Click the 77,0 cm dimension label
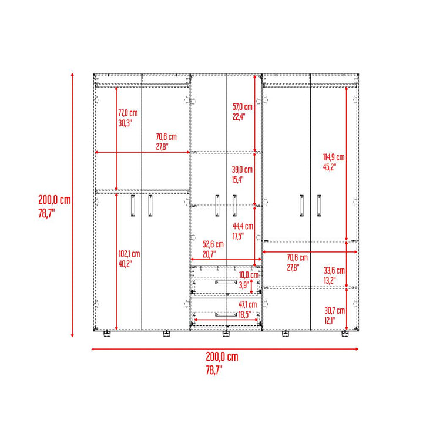click(x=128, y=113)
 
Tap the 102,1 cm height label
click(x=129, y=254)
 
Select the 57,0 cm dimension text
click(x=243, y=107)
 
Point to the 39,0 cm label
click(x=242, y=169)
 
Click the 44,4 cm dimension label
click(x=243, y=226)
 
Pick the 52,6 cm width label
click(x=213, y=244)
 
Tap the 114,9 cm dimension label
click(x=334, y=157)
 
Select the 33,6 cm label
click(x=334, y=270)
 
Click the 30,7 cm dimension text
click(x=334, y=311)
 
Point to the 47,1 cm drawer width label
click(x=248, y=304)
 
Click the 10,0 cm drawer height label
click(x=249, y=275)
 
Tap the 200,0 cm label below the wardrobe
click(x=222, y=357)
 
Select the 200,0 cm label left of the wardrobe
click(x=55, y=200)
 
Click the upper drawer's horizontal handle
click(x=226, y=282)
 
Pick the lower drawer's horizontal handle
click(x=226, y=314)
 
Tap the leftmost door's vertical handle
click(x=133, y=206)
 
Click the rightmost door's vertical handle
click(x=319, y=206)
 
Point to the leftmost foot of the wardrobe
click(x=107, y=334)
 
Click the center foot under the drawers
click(x=226, y=334)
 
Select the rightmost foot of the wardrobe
click(x=345, y=334)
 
